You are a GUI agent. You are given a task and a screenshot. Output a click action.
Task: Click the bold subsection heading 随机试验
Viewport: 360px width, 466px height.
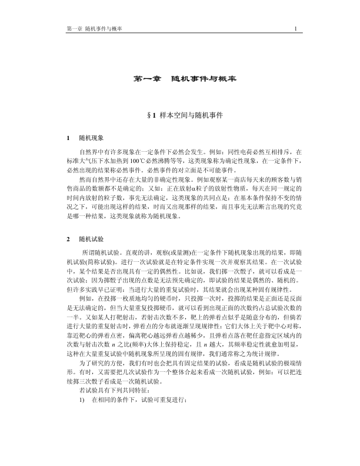[92, 239]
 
